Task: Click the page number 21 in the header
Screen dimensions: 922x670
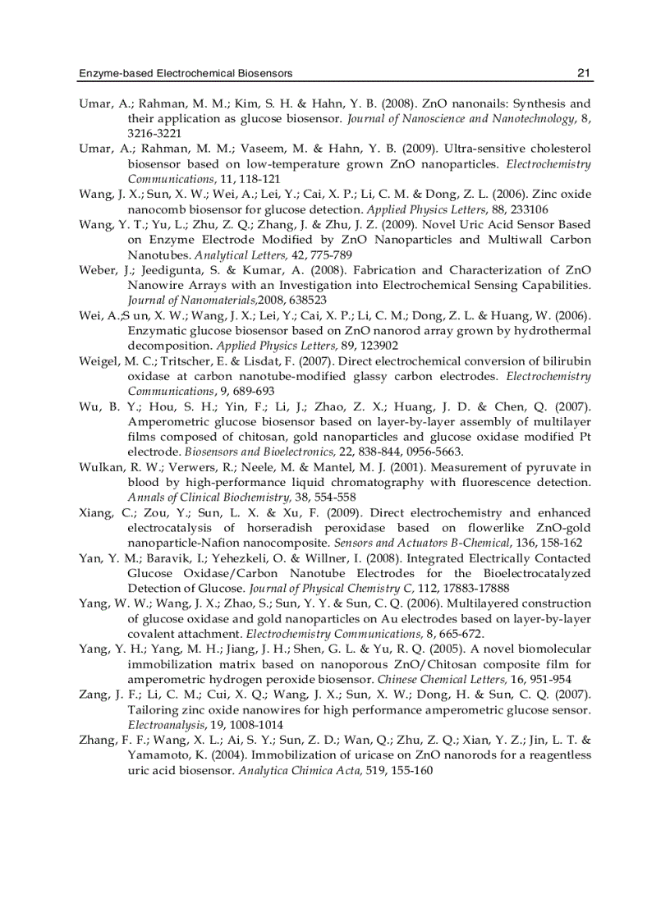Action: [x=584, y=74]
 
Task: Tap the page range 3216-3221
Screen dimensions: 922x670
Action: [x=154, y=133]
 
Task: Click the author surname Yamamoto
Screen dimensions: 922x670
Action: [x=161, y=754]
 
